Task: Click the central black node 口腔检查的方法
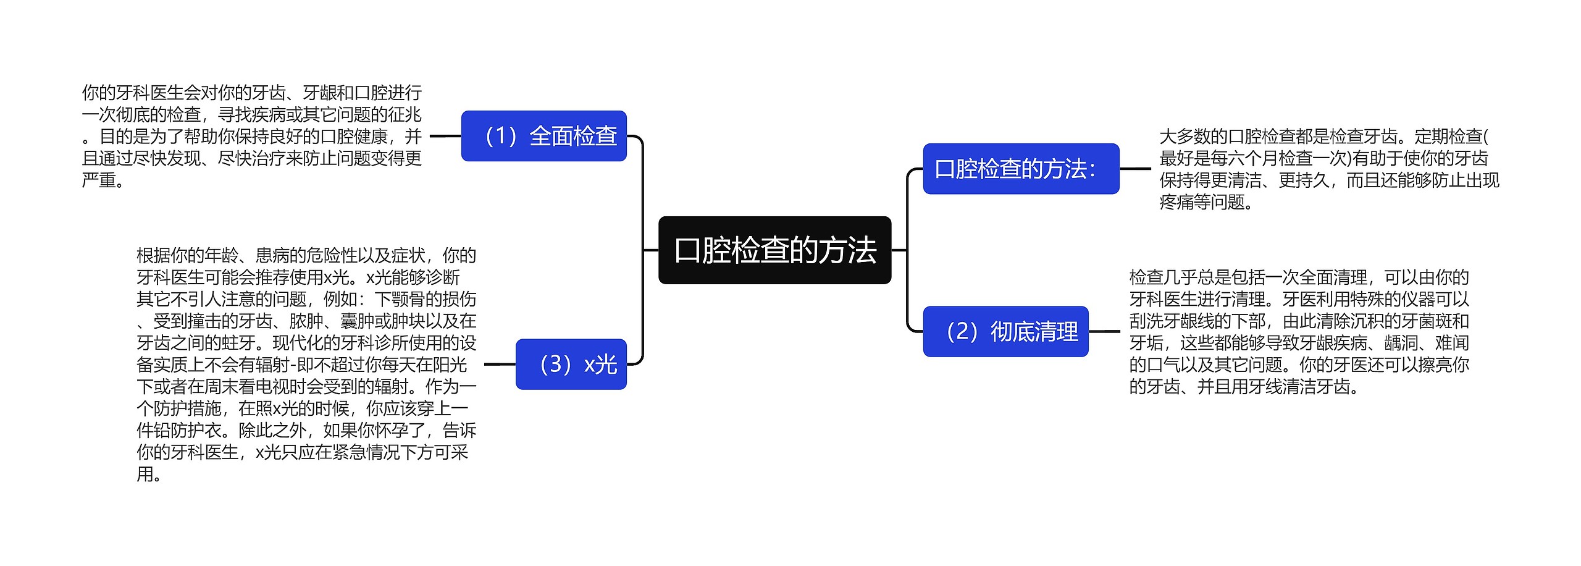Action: tap(774, 250)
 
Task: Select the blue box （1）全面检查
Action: tap(543, 136)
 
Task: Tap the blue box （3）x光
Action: tap(571, 364)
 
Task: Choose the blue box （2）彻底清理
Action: tap(1005, 331)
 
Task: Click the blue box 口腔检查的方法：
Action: tap(1020, 169)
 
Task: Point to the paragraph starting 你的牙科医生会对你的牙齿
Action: tap(251, 136)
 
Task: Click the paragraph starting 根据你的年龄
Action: tap(306, 364)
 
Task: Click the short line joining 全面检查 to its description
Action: tap(445, 136)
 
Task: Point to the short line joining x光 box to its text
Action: tap(500, 364)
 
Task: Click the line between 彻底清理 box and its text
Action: tap(1104, 331)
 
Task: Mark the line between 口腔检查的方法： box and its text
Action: tap(1135, 169)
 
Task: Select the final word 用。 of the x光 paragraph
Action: tap(149, 475)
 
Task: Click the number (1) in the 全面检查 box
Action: tap(501, 136)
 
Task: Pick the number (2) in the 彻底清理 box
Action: tap(962, 331)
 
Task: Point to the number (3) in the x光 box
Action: tap(555, 364)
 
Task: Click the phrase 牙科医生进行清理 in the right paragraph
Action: tap(1197, 299)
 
